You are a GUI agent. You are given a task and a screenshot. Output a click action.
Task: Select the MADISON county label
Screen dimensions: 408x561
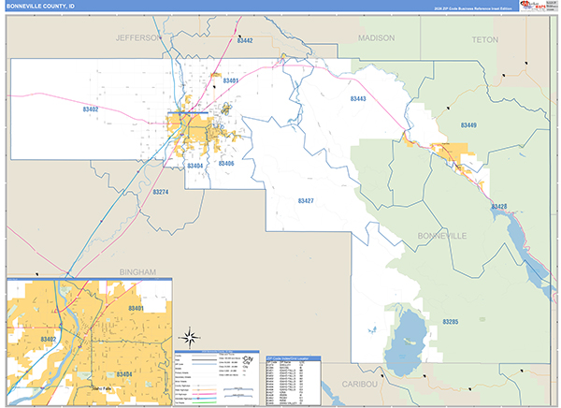point(377,38)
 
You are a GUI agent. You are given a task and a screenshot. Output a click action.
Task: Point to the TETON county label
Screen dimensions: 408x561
point(485,39)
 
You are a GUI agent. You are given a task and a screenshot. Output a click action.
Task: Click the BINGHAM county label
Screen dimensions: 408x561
point(138,271)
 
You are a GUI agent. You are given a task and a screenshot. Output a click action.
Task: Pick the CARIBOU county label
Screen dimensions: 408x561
point(358,385)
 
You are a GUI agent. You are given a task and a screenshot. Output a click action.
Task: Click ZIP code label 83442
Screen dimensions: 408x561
point(245,41)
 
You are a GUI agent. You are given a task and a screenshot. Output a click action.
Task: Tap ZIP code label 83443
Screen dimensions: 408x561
point(359,98)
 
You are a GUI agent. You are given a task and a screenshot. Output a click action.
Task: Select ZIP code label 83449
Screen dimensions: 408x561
point(468,125)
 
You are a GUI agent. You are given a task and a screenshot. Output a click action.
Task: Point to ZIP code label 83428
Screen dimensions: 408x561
point(499,206)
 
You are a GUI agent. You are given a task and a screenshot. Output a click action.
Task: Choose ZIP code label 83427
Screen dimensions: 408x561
point(306,201)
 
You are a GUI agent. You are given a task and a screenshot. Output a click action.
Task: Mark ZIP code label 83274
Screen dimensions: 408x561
point(161,193)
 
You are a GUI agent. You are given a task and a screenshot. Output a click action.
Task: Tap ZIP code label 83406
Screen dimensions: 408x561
point(225,164)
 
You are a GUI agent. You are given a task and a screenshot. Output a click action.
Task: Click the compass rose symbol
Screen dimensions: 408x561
point(187,338)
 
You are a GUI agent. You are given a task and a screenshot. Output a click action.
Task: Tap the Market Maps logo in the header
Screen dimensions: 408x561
point(536,6)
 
